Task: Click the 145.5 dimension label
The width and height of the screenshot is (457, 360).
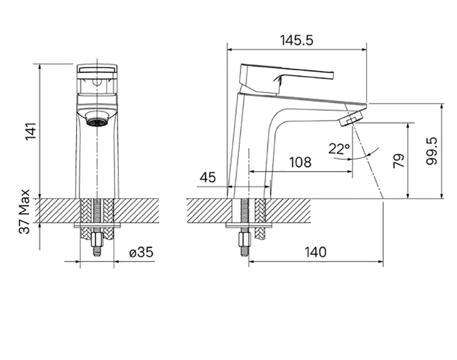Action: coord(297,40)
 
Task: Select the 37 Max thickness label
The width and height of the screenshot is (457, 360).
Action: coord(24,211)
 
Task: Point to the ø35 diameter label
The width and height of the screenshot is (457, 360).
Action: coord(141,252)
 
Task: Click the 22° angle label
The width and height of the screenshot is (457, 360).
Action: coord(339,149)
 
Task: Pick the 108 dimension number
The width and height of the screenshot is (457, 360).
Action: coord(300,162)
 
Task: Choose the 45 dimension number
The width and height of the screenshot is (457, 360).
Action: coord(208,177)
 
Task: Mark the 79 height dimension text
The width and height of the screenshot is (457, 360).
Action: coord(399,160)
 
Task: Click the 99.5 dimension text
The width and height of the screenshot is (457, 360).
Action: coord(431,152)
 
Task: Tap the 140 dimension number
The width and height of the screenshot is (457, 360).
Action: coord(316,252)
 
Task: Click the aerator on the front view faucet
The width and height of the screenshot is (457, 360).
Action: coord(97,122)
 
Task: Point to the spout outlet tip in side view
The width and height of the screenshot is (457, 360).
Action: coord(353,116)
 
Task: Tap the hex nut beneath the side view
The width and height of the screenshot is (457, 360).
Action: coord(244,239)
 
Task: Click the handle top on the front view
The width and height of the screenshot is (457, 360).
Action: coord(97,69)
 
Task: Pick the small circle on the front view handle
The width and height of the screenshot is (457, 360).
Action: coord(97,83)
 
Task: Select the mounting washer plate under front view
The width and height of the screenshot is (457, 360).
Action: coord(97,225)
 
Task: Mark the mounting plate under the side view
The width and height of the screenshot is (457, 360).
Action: coord(249,225)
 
